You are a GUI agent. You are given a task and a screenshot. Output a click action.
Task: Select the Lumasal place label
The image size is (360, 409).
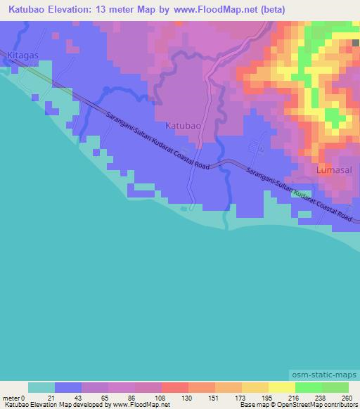[x=333, y=170]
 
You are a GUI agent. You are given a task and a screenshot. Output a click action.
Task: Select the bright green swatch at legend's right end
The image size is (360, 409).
[x=335, y=387]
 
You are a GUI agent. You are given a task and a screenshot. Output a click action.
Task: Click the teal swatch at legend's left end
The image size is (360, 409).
[x=41, y=387]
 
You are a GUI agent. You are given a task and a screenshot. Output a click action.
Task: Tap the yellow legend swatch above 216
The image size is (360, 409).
[x=281, y=387]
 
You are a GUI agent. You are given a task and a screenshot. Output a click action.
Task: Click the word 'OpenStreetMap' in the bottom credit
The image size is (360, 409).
[x=290, y=405]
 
